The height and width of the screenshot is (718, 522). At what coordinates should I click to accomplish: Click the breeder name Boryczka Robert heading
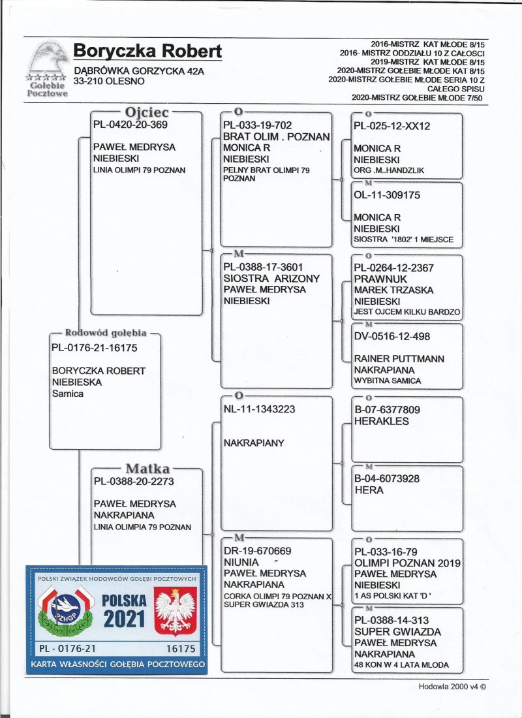[147, 51]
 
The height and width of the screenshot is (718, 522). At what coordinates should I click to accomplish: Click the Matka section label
[147, 469]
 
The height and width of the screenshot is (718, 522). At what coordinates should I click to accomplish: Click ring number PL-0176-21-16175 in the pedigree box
[94, 347]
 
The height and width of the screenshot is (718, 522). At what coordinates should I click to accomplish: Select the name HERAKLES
[381, 422]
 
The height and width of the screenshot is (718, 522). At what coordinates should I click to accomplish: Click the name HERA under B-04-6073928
[369, 490]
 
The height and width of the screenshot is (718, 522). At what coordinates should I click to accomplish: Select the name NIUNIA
[241, 562]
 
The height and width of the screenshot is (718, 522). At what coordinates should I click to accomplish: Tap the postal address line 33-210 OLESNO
[109, 82]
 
